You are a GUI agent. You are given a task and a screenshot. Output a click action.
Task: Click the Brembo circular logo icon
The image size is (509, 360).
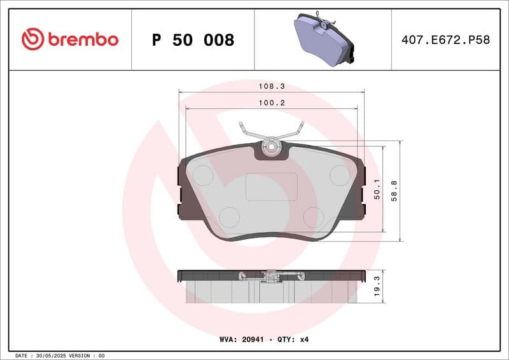pyautogui.click(x=32, y=39)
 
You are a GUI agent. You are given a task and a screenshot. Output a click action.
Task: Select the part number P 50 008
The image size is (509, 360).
pyautogui.click(x=193, y=40)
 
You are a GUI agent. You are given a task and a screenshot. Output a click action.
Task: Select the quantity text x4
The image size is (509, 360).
pyautogui.click(x=303, y=340)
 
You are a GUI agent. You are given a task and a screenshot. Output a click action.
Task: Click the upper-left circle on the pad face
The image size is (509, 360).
pyautogui.click(x=202, y=175)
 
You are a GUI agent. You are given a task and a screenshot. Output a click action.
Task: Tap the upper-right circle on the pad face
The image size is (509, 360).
pyautogui.click(x=340, y=175)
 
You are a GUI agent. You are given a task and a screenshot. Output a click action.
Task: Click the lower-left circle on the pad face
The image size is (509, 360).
pyautogui.click(x=229, y=217)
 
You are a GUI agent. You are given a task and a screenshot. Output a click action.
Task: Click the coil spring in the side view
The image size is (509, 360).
pyautogui.click(x=271, y=276)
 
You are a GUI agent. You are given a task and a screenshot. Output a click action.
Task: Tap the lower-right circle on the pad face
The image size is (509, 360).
pyautogui.click(x=313, y=217)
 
